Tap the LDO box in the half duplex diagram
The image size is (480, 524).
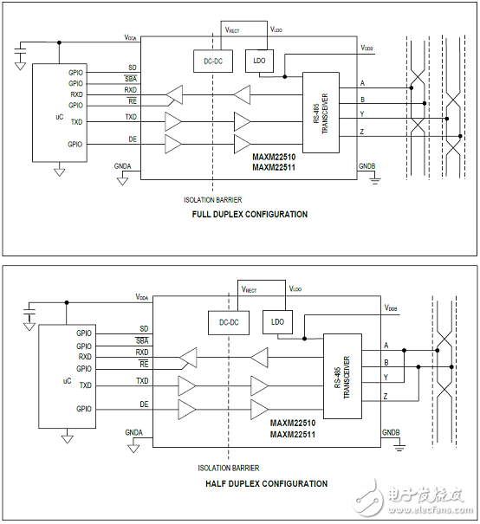click(277, 321)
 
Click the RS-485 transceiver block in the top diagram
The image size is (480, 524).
click(321, 113)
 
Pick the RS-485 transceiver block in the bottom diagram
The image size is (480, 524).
click(341, 376)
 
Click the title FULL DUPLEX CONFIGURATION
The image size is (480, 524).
click(250, 214)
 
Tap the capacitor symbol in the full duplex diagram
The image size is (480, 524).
click(20, 57)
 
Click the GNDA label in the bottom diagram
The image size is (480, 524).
click(133, 431)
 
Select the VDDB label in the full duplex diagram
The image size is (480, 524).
click(367, 49)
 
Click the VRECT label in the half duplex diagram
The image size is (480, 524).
click(250, 289)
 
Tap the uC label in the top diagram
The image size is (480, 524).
click(49, 114)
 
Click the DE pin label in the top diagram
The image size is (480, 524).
click(131, 139)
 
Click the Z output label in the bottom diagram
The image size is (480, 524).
click(385, 395)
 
